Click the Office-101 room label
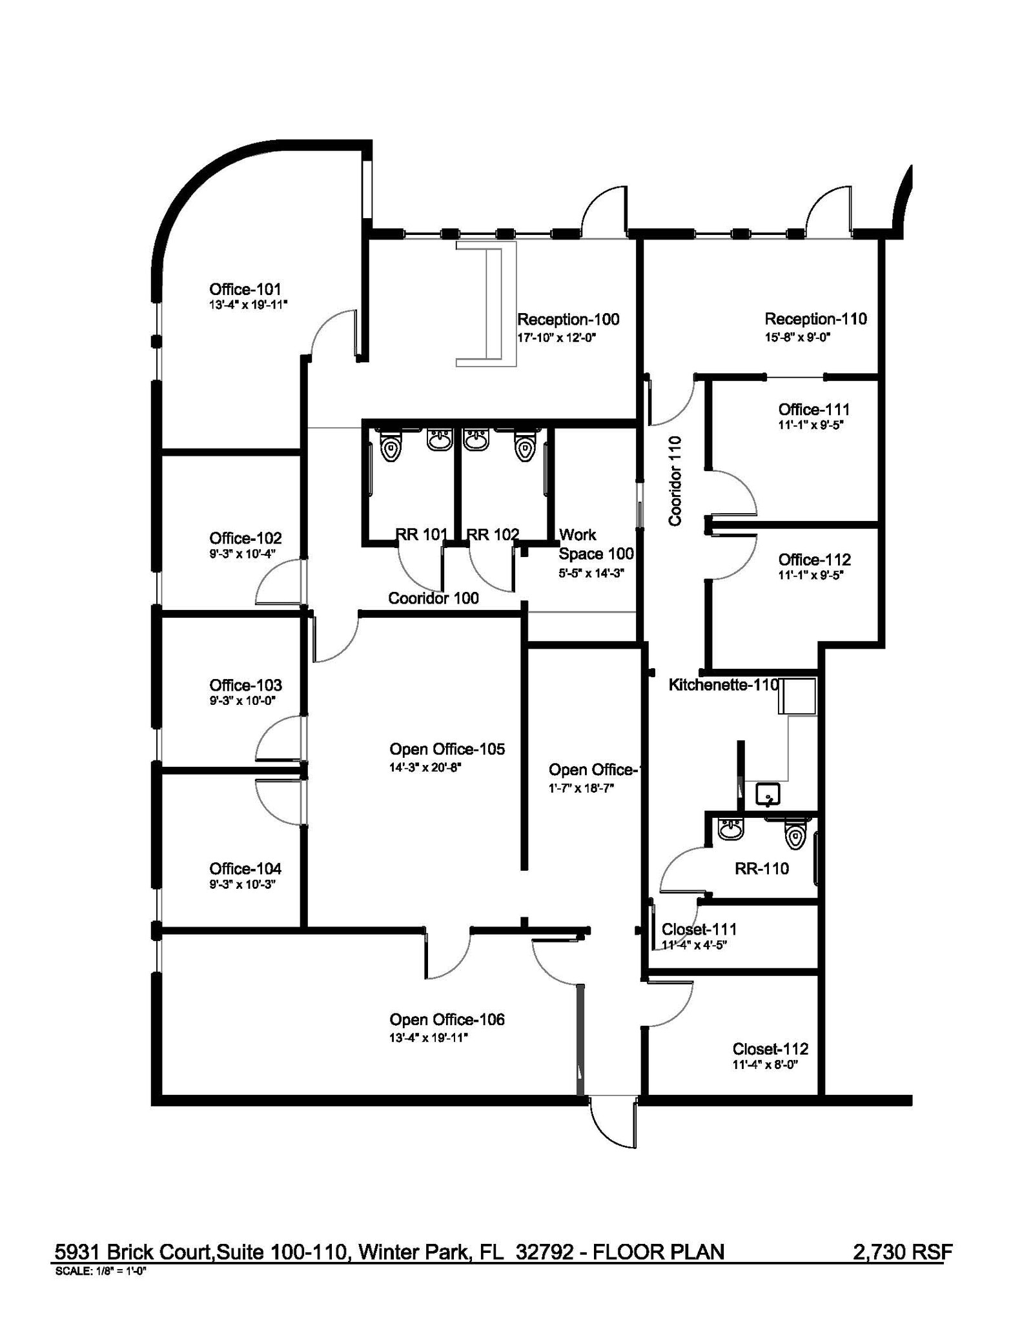(x=245, y=289)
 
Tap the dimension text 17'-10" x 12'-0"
(x=556, y=337)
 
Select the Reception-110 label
(x=815, y=318)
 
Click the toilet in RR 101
(x=390, y=445)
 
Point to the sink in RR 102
(x=476, y=440)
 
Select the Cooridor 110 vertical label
(x=675, y=480)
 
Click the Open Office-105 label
(x=447, y=749)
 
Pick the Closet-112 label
(x=770, y=1049)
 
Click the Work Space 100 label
(x=595, y=544)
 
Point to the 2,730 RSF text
(x=902, y=1252)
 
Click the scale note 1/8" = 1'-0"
(x=101, y=1269)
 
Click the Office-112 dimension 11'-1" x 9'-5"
(x=811, y=575)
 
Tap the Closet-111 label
(x=699, y=929)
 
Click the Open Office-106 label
(x=447, y=1019)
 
